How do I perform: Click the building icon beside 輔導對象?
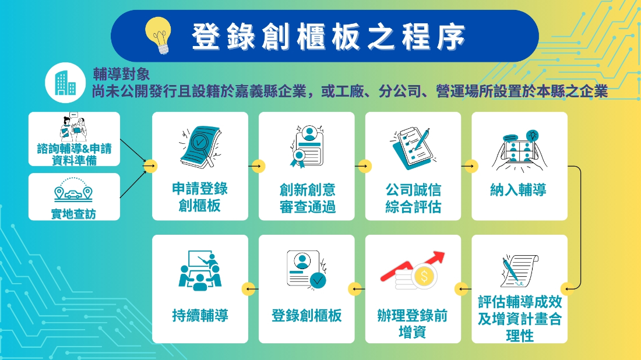65,83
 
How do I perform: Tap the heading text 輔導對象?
121,74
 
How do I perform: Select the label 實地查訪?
73,214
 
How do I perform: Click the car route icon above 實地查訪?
73,190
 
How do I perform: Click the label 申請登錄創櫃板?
200,197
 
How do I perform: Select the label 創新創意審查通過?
308,198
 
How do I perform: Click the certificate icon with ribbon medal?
307,147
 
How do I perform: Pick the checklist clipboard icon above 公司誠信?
413,148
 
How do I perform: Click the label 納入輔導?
519,190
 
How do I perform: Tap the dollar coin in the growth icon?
424,277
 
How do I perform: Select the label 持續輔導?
200,316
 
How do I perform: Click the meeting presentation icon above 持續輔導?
200,270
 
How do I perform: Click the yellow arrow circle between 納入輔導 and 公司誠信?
471,167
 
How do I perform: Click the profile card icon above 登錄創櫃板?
307,270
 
